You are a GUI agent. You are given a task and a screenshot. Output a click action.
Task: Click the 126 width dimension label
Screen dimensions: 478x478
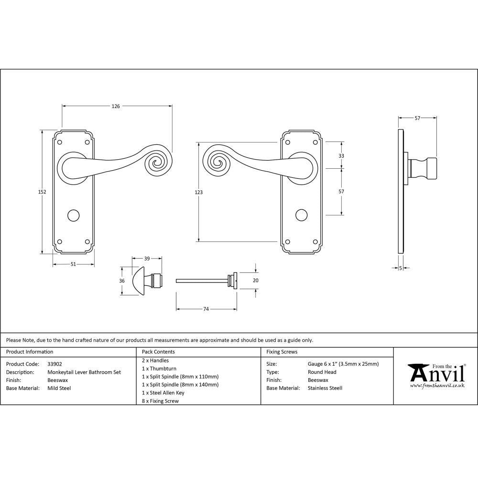point(116,106)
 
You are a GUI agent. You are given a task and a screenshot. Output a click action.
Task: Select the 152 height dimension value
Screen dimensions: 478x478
point(42,192)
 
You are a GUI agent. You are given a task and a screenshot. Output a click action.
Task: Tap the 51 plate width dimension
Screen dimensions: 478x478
point(74,264)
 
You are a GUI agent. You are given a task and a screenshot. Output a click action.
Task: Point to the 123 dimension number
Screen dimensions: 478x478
point(198,192)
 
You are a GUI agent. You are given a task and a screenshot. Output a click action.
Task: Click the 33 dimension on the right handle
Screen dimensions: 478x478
point(341,156)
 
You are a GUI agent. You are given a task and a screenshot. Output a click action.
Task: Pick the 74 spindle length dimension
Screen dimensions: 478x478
point(206,309)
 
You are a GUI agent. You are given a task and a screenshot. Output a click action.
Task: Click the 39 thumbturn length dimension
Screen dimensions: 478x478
point(147,259)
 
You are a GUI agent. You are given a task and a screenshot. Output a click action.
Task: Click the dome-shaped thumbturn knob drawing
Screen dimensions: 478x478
point(137,280)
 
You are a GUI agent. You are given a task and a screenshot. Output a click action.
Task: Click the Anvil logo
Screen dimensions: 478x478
point(436,374)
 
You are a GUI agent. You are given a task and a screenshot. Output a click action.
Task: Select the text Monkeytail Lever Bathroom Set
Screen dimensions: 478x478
point(84,372)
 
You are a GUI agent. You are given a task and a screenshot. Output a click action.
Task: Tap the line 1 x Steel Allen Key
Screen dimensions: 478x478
point(163,393)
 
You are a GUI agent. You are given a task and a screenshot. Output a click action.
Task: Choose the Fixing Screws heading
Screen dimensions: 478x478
point(282,352)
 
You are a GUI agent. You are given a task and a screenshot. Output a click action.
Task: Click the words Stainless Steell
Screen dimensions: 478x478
point(325,388)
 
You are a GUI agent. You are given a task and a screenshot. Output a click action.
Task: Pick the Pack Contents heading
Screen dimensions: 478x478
point(158,352)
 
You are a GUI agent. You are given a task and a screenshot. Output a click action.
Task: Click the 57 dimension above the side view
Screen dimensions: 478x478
point(417,118)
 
